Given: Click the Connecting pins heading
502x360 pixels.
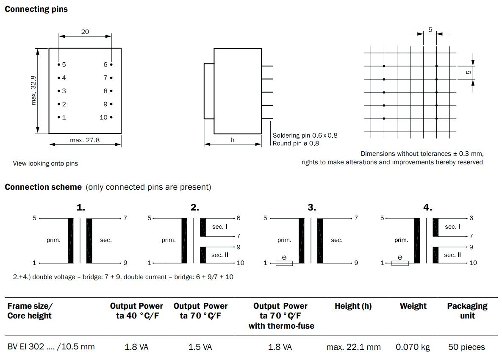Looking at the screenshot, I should [36, 9].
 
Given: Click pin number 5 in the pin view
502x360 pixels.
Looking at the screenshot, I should [64, 65].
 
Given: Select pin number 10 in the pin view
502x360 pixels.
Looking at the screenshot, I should [104, 117].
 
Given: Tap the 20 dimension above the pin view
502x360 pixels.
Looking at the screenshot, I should [85, 32].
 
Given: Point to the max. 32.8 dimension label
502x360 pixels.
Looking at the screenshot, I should [34, 90].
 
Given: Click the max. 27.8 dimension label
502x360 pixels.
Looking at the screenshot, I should [85, 140].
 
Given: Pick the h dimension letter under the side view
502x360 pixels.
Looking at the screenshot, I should [233, 140].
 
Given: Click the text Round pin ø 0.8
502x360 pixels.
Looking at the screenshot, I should [296, 143].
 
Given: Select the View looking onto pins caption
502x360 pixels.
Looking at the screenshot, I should [45, 163].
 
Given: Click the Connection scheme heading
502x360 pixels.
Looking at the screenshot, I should [43, 187].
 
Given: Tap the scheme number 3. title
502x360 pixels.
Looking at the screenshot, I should [312, 208].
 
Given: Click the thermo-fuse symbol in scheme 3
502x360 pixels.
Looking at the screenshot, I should [284, 263].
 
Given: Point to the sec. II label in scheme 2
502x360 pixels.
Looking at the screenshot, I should [220, 255].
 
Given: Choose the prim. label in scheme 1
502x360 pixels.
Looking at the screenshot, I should [53, 240].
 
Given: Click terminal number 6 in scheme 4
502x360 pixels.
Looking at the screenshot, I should [471, 218].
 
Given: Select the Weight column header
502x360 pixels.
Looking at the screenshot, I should [413, 306].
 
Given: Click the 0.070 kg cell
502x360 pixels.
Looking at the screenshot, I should [413, 347].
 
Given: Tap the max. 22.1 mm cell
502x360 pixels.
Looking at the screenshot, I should [353, 347].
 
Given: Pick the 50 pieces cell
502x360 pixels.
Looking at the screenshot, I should [466, 347].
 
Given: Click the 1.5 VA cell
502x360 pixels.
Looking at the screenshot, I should [200, 347].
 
